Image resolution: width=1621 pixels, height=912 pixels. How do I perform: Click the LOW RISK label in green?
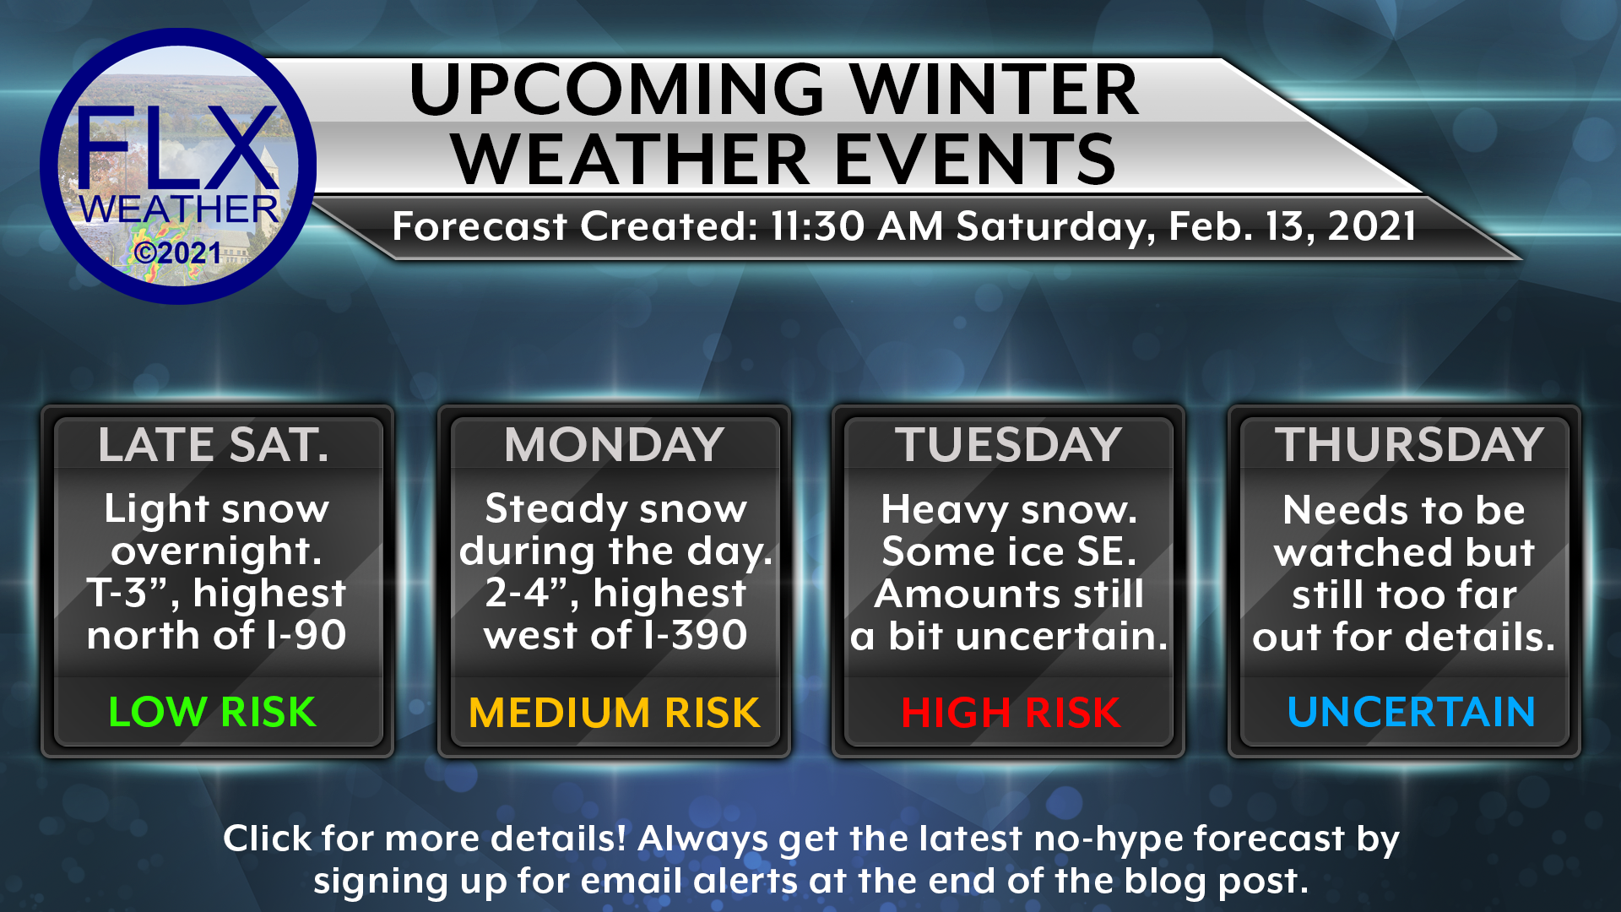click(x=213, y=712)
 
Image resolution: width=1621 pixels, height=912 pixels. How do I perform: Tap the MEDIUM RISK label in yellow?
click(x=615, y=713)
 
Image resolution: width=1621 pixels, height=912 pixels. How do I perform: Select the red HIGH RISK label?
click(x=1011, y=713)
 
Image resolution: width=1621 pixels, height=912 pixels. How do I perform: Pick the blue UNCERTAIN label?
click(x=1411, y=712)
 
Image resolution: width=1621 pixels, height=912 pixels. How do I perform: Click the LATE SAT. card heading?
click(x=214, y=445)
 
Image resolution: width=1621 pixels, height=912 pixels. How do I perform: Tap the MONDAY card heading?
click(x=615, y=445)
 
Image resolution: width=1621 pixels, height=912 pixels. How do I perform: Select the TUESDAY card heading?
click(x=1009, y=445)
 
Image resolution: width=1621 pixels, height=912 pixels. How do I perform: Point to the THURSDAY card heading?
click(x=1409, y=445)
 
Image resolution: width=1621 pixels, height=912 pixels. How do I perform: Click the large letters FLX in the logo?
click(x=177, y=148)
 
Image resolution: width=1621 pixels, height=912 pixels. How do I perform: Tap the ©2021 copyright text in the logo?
click(x=177, y=252)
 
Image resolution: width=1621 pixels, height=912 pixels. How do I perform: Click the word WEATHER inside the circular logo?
click(x=179, y=209)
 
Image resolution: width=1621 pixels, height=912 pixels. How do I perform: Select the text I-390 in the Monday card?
click(x=695, y=635)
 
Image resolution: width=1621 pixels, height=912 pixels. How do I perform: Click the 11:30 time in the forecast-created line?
click(x=817, y=226)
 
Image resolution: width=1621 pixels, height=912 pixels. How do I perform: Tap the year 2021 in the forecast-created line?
click(x=1372, y=226)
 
